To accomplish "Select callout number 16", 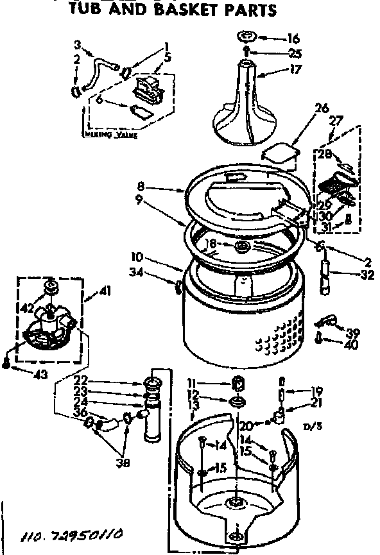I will point(293,39).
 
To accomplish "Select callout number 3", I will point(78,45).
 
